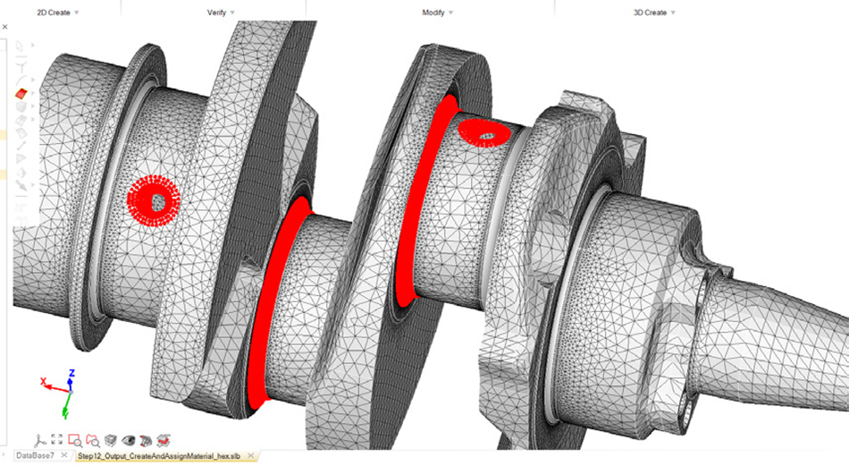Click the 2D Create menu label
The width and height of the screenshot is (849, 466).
(53, 13)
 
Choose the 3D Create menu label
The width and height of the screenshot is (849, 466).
(650, 13)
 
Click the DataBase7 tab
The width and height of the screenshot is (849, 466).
(35, 456)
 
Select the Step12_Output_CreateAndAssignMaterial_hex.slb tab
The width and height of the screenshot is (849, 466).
(159, 456)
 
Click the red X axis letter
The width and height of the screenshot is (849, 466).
(43, 382)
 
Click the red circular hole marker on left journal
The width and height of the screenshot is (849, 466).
(156, 199)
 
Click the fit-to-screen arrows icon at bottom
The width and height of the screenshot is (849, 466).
(57, 440)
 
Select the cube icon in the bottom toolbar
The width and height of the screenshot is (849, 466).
(111, 440)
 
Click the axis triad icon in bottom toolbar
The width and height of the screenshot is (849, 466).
(39, 440)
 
